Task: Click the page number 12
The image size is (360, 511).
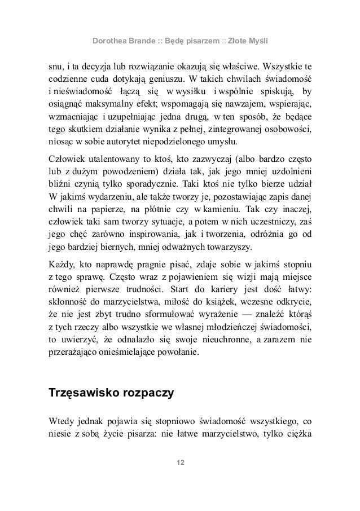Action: pyautogui.click(x=180, y=463)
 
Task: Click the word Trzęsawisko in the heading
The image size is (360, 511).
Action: pyautogui.click(x=83, y=393)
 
